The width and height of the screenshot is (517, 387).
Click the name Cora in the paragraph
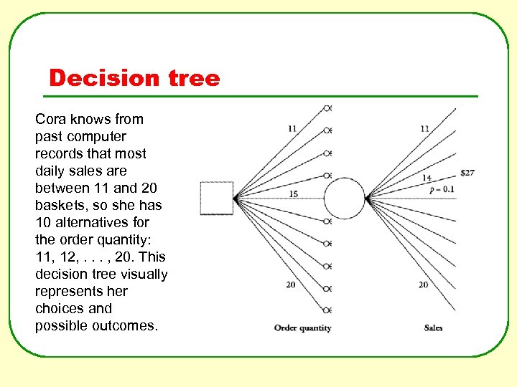pyautogui.click(x=50, y=119)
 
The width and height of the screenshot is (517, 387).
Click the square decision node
pyautogui.click(x=217, y=199)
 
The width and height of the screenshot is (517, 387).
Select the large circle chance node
pyautogui.click(x=345, y=199)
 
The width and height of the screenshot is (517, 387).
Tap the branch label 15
pyautogui.click(x=293, y=194)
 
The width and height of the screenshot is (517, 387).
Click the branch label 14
pyautogui.click(x=427, y=178)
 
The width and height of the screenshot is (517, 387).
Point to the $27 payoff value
pyautogui.click(x=467, y=173)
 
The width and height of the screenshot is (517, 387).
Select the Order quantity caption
pyautogui.click(x=302, y=328)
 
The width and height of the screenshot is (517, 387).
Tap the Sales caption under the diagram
pyautogui.click(x=433, y=328)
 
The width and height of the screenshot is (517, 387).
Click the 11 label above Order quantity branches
pyautogui.click(x=292, y=129)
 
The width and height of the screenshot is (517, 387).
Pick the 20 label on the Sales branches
pyautogui.click(x=424, y=285)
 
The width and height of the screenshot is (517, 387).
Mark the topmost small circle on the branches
pyautogui.click(x=327, y=108)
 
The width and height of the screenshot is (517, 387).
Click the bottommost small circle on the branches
pyautogui.click(x=327, y=310)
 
